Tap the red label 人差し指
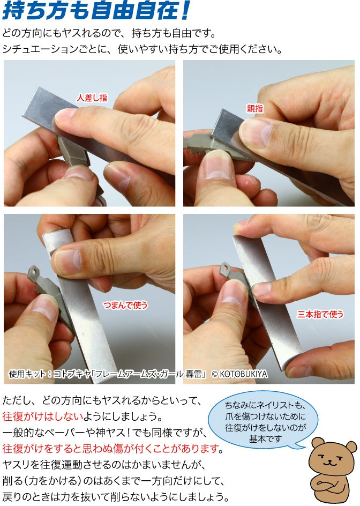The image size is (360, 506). (x=92, y=98)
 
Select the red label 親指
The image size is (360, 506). (x=254, y=108)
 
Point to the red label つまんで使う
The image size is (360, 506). (x=125, y=306)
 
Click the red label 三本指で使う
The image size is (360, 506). (x=320, y=314)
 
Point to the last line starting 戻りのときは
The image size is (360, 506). (x=116, y=496)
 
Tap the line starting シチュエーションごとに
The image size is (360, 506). (x=142, y=49)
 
